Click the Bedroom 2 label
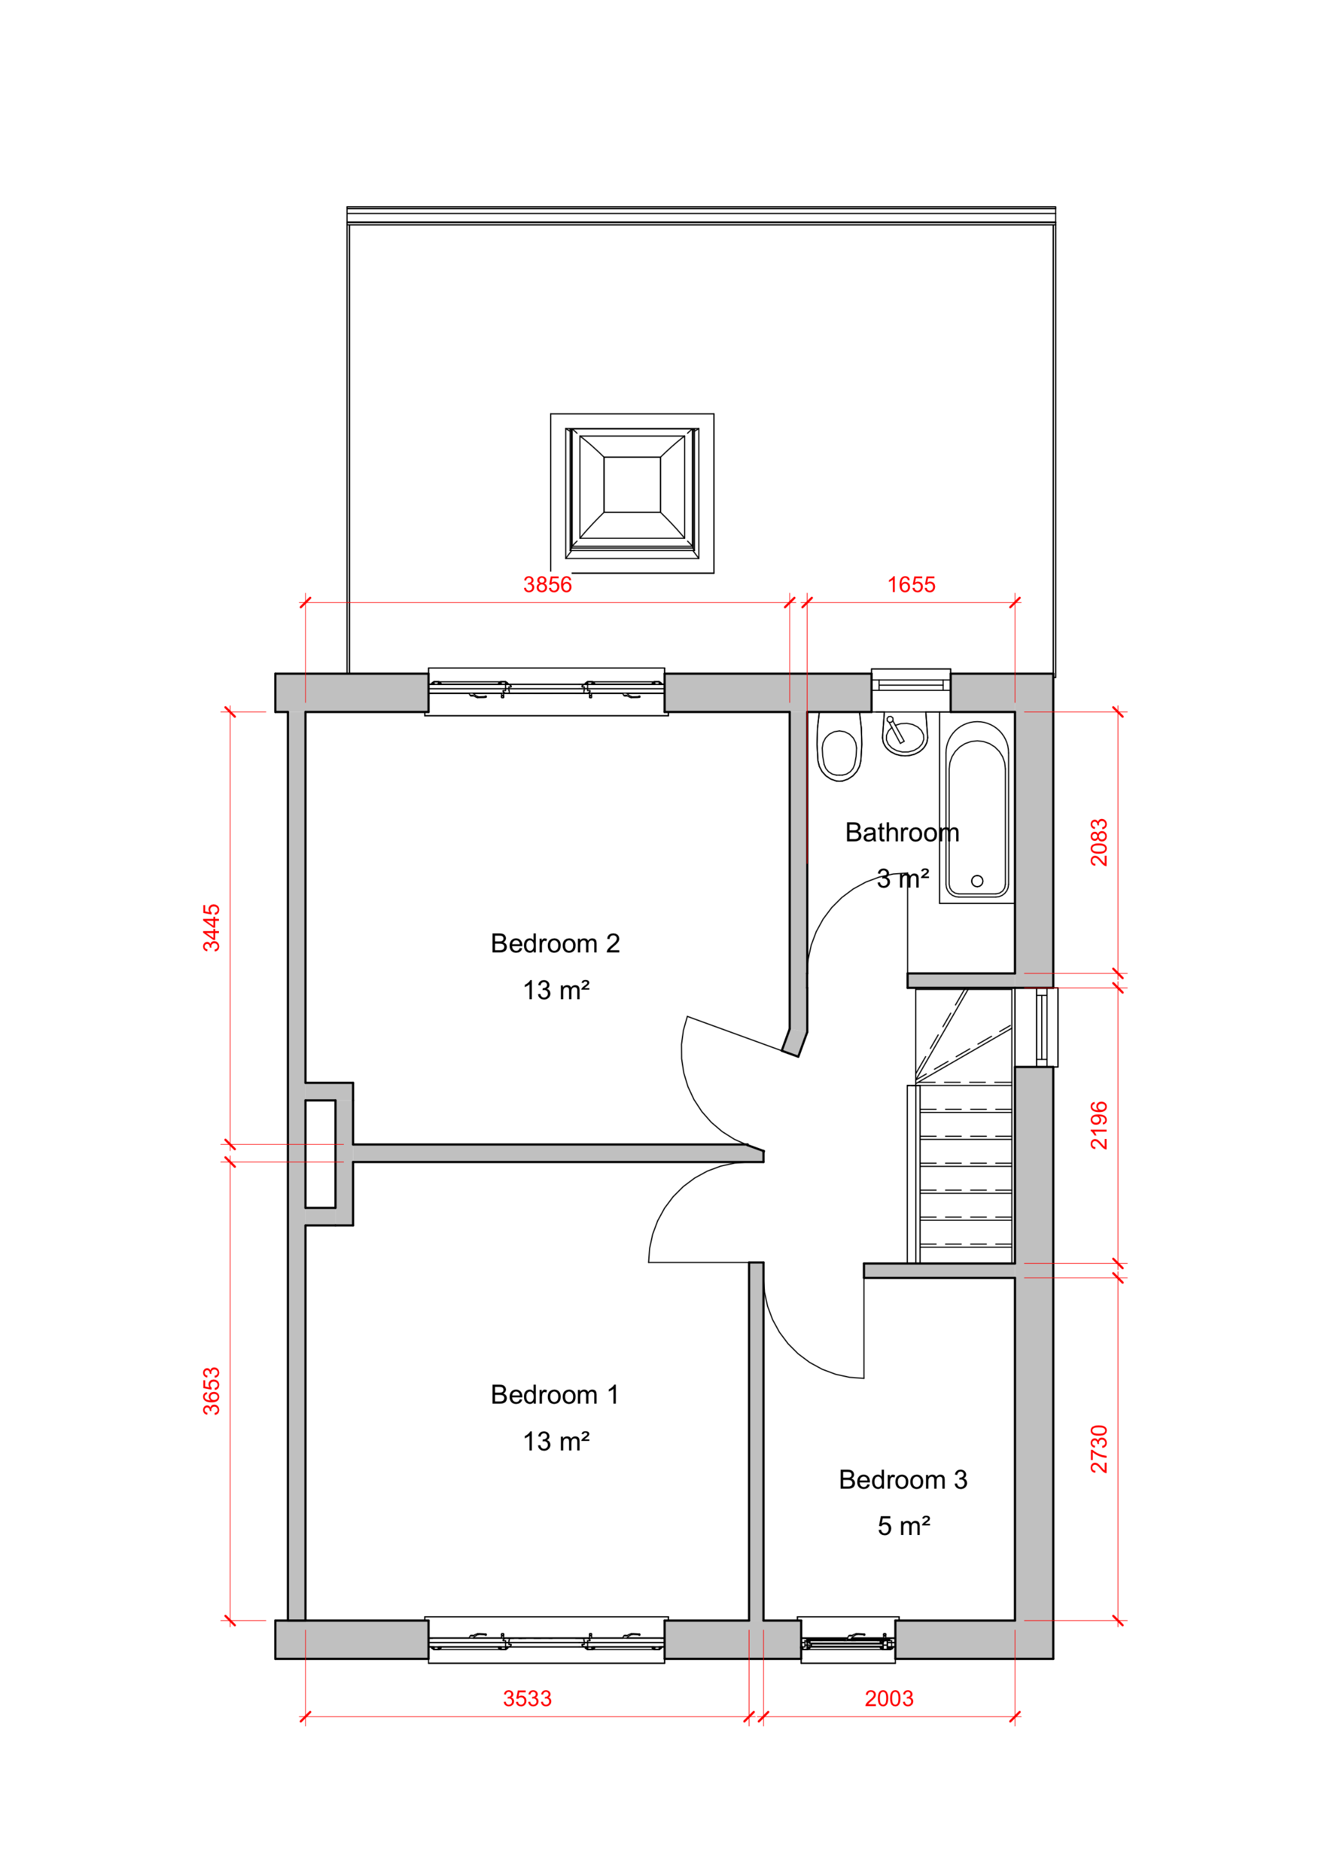pyautogui.click(x=556, y=943)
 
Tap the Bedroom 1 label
pyautogui.click(x=556, y=1395)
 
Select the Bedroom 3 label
pyautogui.click(x=903, y=1480)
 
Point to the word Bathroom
pyautogui.click(x=902, y=832)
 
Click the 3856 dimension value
pyautogui.click(x=547, y=585)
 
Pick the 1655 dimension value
pyautogui.click(x=911, y=585)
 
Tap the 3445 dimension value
pyautogui.click(x=211, y=927)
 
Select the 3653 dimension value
pyautogui.click(x=211, y=1391)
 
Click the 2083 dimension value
pyautogui.click(x=1098, y=842)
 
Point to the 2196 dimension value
pyautogui.click(x=1098, y=1125)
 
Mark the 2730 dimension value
pyautogui.click(x=1098, y=1449)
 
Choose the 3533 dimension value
pyautogui.click(x=527, y=1699)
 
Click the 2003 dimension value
pyautogui.click(x=889, y=1699)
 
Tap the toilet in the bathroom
pyautogui.click(x=839, y=747)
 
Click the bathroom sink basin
pyautogui.click(x=905, y=735)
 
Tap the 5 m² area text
pyautogui.click(x=904, y=1526)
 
